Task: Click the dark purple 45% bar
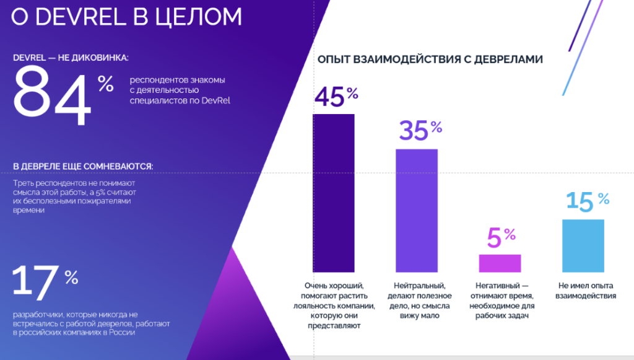(333, 193)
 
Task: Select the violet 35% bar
(417, 210)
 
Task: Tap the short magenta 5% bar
(500, 263)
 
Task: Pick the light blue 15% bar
(583, 245)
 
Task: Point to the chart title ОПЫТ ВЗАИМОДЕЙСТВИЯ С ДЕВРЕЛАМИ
(430, 59)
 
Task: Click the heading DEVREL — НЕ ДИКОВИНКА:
(71, 58)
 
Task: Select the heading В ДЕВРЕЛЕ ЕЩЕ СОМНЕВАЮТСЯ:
(83, 166)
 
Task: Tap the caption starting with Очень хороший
(334, 305)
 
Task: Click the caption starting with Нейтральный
(416, 301)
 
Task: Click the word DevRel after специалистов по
(215, 100)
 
